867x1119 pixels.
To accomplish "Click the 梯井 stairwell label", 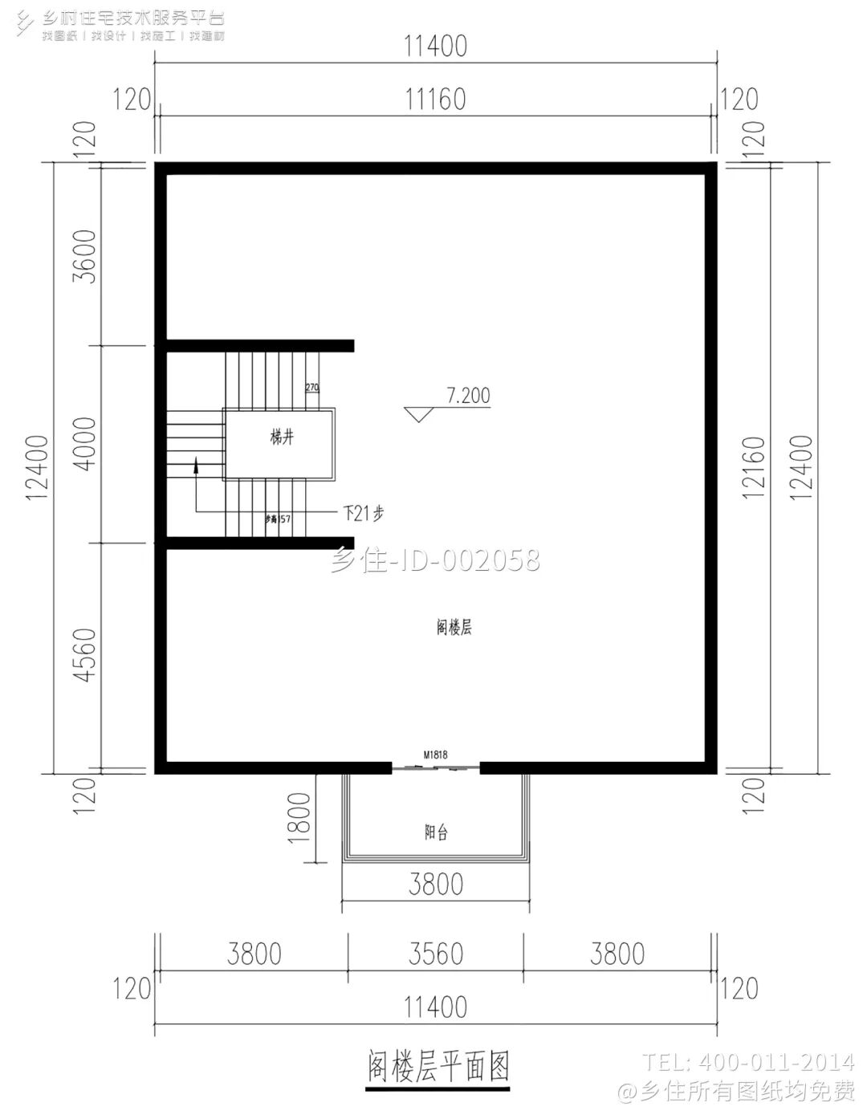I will (282, 437).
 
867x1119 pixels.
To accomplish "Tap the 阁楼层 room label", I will (454, 628).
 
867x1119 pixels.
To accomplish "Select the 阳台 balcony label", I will (436, 832).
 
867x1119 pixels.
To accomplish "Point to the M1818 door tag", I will (435, 755).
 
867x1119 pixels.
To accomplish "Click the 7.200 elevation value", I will (468, 396).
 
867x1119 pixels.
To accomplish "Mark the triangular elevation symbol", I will (419, 414).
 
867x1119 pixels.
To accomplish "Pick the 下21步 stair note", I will (363, 513).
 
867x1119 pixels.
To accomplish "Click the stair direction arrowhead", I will (195, 465).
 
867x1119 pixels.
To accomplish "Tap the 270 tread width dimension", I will (312, 388).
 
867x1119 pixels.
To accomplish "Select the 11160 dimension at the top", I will (435, 100).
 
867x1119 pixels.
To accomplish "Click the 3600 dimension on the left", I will (84, 256).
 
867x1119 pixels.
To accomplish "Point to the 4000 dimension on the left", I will (84, 444).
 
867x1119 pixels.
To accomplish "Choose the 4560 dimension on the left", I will (84, 655).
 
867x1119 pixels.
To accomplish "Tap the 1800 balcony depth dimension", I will (299, 817).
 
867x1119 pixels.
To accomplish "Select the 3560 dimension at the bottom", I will (435, 954).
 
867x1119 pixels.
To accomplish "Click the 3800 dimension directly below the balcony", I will (435, 885).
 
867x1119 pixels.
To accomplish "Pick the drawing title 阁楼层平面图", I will (438, 1067).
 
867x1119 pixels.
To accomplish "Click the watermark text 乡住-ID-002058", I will (435, 559).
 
